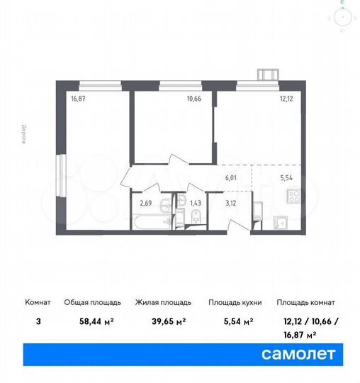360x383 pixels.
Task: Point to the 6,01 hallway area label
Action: click(x=231, y=180)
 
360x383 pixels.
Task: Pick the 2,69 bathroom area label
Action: click(x=146, y=204)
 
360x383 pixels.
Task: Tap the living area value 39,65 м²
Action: click(x=160, y=321)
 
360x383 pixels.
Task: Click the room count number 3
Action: click(x=38, y=321)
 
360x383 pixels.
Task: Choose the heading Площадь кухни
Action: click(x=235, y=302)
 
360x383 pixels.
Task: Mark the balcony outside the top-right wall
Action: click(x=269, y=73)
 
